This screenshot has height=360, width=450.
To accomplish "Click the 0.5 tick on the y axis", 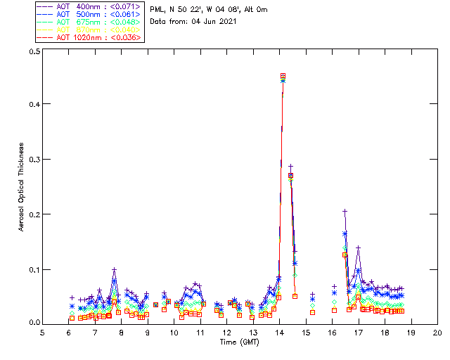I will pyautogui.click(x=34, y=52).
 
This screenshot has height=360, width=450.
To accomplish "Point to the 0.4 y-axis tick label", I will pyautogui.click(x=34, y=105).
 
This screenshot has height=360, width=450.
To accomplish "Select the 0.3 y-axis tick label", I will pyautogui.click(x=34, y=160).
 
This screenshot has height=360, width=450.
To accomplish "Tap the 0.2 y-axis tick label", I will pyautogui.click(x=34, y=214).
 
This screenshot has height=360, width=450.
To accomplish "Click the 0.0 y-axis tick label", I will pyautogui.click(x=34, y=323).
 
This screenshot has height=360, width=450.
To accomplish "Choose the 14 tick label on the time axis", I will pyautogui.click(x=280, y=332).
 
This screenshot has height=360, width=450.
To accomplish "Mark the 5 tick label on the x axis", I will pyautogui.click(x=43, y=332).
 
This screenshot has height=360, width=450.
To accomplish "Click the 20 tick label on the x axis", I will pyautogui.click(x=437, y=332).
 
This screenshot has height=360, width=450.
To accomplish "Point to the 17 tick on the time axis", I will pyautogui.click(x=359, y=332).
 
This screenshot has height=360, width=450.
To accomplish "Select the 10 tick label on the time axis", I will pyautogui.click(x=174, y=332).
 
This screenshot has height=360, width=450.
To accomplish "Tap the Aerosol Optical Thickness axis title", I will pyautogui.click(x=22, y=187).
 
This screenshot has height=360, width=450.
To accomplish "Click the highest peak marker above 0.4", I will pyautogui.click(x=283, y=76).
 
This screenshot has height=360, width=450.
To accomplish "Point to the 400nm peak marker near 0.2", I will pyautogui.click(x=345, y=211).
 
